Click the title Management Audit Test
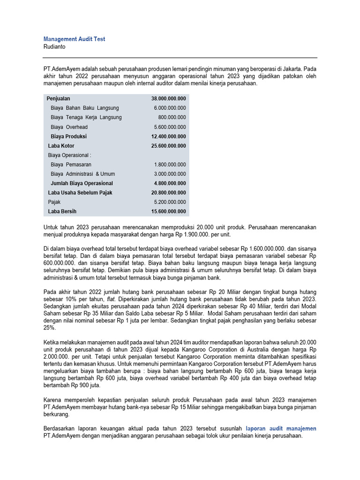pyautogui.click(x=74, y=39)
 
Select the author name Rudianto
pyautogui.click(x=55, y=47)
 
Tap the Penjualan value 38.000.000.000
pyautogui.click(x=168, y=99)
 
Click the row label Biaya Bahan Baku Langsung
pyautogui.click(x=84, y=108)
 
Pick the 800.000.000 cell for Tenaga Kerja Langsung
pyautogui.click(x=172, y=118)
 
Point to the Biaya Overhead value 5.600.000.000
pyautogui.click(x=170, y=127)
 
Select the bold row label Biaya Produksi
pyautogui.click(x=68, y=136)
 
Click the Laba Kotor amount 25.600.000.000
pyautogui.click(x=168, y=146)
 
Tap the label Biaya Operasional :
pyautogui.click(x=69, y=155)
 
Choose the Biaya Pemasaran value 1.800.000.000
pyautogui.click(x=170, y=165)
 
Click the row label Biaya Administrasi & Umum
pyautogui.click(x=82, y=174)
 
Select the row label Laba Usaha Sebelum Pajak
pyautogui.click(x=80, y=193)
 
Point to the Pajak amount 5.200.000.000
pyautogui.click(x=170, y=202)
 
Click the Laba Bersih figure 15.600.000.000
pyautogui.click(x=168, y=211)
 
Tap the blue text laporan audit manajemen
pyautogui.click(x=281, y=428)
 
